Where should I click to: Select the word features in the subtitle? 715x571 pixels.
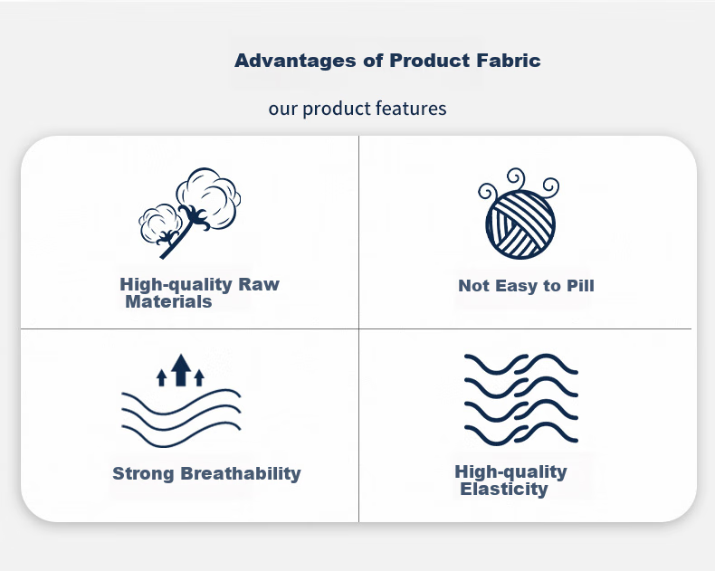(x=411, y=109)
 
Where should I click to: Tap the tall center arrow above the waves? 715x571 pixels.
(x=181, y=370)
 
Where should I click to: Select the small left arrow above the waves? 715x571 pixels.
(x=161, y=377)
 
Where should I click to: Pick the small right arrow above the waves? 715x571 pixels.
(x=199, y=377)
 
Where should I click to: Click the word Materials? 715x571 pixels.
(x=168, y=302)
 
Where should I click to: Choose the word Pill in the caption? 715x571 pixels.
(x=580, y=286)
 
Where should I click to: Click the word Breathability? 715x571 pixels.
(x=241, y=474)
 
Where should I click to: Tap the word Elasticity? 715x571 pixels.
(x=503, y=489)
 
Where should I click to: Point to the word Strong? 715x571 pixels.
(x=143, y=474)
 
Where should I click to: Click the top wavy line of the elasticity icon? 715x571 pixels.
(x=521, y=364)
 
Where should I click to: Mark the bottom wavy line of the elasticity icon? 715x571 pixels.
(x=521, y=433)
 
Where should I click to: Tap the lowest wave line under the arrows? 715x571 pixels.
(x=181, y=433)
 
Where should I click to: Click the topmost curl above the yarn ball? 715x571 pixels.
(x=516, y=177)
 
